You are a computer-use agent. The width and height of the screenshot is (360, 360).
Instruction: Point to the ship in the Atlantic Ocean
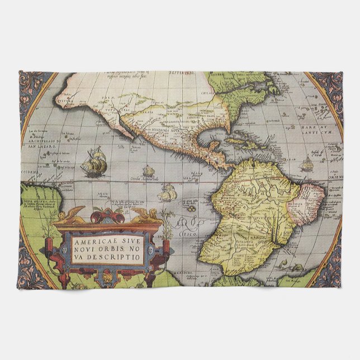click(x=307, y=163)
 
